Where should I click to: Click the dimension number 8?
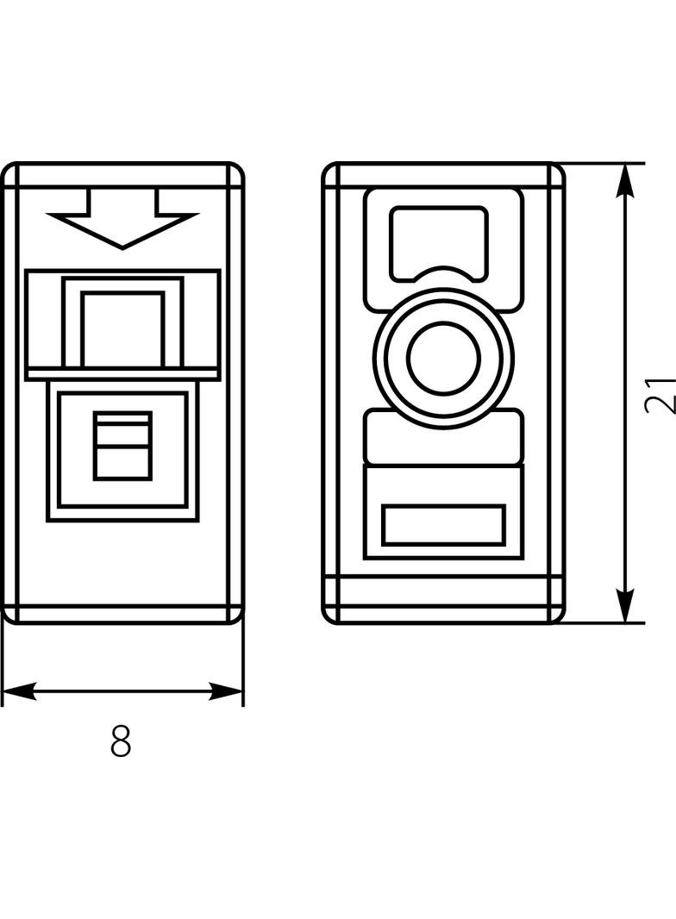pos(121,741)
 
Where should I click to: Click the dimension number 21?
pos(660,396)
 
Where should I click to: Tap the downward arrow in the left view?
pos(122,218)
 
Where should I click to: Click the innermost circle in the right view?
pos(444,357)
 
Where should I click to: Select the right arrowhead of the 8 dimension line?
pos(226,691)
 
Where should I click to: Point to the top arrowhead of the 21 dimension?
pos(626,181)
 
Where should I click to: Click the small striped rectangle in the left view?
pos(122,446)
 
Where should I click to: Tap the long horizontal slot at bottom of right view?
pos(443,524)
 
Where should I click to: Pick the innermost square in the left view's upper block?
pos(122,329)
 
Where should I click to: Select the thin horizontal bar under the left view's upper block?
pos(122,374)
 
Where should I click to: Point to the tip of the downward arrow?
pos(122,249)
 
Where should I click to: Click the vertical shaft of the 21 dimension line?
pos(626,392)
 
